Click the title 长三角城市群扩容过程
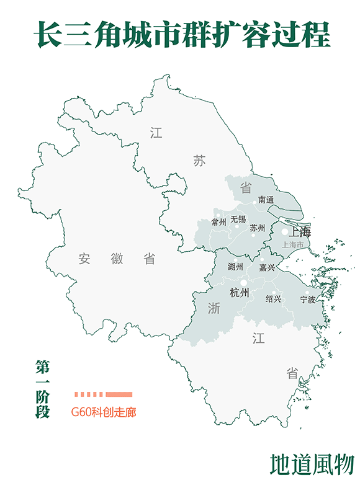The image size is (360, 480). point(181,35)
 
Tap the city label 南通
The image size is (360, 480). point(266,200)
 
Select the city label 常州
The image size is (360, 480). point(218,221)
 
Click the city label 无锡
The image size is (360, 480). point(238,220)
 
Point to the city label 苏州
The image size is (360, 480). point(257,228)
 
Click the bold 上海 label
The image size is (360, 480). point(300,233)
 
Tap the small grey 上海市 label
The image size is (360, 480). point(293,245)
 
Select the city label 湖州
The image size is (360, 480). point(235,267)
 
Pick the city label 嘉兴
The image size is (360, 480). point(267,268)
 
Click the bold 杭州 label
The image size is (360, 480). point(239,293)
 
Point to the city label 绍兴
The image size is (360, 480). point(273,299)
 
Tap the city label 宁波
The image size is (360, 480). point(308,300)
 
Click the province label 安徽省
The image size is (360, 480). point(117,259)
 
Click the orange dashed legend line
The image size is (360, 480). point(103,394)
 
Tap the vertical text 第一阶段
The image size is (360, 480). point(42,389)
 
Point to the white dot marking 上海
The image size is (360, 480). point(285,232)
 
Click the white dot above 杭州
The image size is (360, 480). point(244,283)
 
